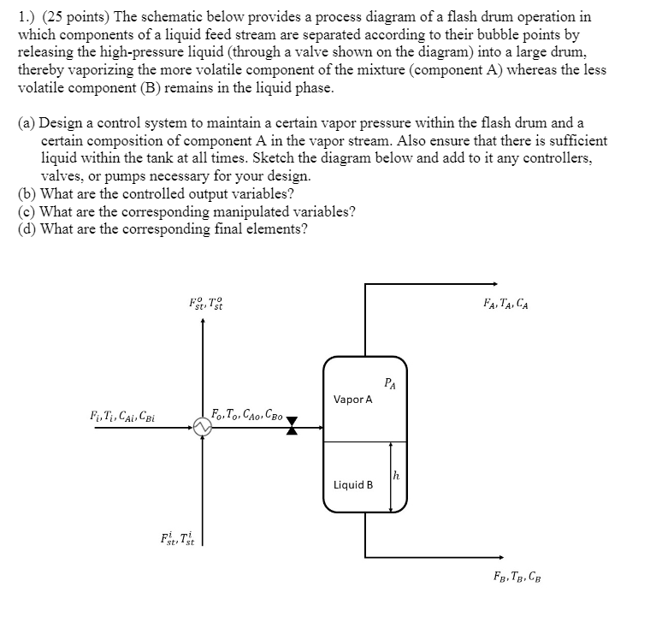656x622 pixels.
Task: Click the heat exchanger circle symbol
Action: pyautogui.click(x=203, y=424)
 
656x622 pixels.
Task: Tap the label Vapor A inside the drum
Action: pyautogui.click(x=352, y=399)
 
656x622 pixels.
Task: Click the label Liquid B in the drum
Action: pyautogui.click(x=353, y=484)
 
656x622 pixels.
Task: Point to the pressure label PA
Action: pyautogui.click(x=390, y=382)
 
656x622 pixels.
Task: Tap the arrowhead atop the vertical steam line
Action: pyautogui.click(x=203, y=323)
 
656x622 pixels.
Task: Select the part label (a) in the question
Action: pyautogui.click(x=27, y=124)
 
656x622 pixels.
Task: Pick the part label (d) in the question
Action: pyautogui.click(x=27, y=228)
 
